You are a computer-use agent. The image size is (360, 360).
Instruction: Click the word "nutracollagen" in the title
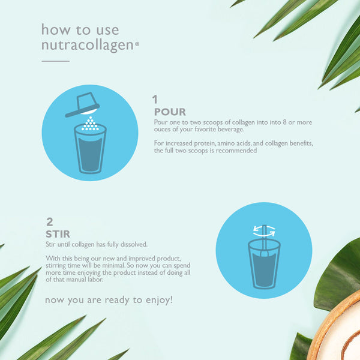pos(88,45)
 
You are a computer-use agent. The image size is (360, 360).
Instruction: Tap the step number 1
pos(155,100)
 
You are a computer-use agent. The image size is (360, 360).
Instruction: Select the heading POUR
pos(170,112)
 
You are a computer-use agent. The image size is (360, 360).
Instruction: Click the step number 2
pos(50,222)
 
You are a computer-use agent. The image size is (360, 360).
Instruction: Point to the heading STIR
pos(58,234)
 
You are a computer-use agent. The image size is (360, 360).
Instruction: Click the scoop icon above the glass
pos(83,104)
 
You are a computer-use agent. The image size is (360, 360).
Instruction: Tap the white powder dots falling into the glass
pos(90,124)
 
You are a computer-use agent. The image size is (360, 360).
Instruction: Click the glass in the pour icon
pos(90,149)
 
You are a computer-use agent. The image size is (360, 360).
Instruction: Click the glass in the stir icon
pos(264,264)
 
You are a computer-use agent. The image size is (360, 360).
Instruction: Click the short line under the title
pos(56,61)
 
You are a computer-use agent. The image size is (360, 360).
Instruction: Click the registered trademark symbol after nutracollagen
pos(137,44)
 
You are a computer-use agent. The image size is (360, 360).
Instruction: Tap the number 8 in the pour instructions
pos(284,122)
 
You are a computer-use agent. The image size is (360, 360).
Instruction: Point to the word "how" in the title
pos(56,30)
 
